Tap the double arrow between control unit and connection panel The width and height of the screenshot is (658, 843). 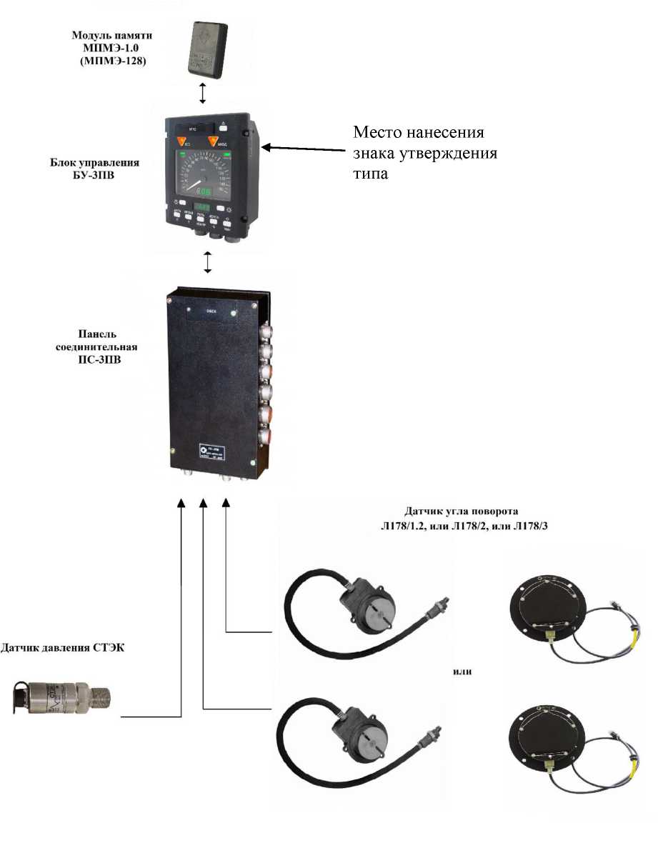(x=208, y=262)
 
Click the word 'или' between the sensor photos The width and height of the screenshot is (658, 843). (x=463, y=672)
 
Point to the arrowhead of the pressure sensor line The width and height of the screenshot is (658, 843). (x=181, y=504)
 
